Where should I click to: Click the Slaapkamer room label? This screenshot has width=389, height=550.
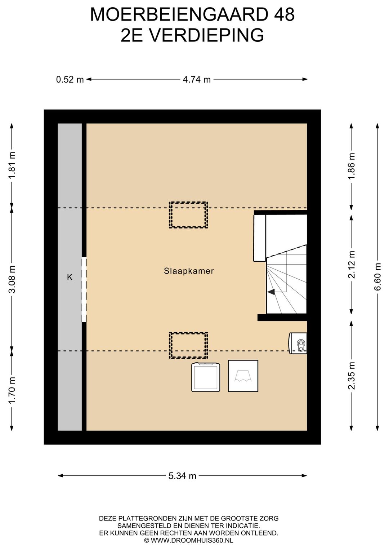(x=189, y=271)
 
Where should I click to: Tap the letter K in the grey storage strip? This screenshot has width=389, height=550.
(x=70, y=277)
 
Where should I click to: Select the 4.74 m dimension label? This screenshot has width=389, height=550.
(x=197, y=80)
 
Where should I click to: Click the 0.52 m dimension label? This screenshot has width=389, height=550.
(x=70, y=80)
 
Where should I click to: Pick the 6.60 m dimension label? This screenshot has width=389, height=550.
(x=377, y=277)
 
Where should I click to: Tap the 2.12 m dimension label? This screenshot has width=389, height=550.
(x=352, y=265)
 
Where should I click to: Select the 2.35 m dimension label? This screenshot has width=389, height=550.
(x=352, y=376)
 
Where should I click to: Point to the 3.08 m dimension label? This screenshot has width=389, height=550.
(x=12, y=279)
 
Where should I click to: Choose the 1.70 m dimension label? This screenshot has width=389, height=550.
(x=12, y=390)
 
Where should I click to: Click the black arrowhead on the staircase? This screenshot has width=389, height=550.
(x=271, y=292)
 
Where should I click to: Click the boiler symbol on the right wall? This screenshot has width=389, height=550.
(x=298, y=343)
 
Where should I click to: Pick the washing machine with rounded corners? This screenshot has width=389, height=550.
(x=206, y=377)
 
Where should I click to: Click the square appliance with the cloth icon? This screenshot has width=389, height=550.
(x=243, y=376)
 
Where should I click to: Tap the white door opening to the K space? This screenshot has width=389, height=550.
(x=84, y=289)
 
